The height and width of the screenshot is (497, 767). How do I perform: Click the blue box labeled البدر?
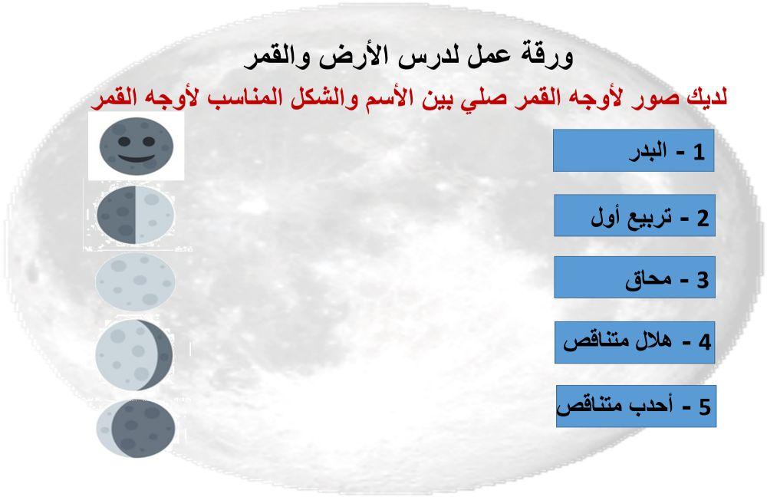634,151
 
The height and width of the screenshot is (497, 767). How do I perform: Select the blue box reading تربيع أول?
634,216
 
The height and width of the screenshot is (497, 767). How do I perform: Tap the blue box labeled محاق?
634,278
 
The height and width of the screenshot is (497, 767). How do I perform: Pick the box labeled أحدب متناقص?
636,406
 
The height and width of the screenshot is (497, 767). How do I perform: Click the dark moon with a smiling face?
136,146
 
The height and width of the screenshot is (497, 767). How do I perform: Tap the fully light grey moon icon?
135,281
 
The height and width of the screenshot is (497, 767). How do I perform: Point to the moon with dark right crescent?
135,355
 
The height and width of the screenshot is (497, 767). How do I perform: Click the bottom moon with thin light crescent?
136,427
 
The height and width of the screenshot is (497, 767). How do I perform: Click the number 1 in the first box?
698,152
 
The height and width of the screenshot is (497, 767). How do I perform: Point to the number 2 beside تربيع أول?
702,218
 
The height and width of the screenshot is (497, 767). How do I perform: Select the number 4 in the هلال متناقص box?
703,342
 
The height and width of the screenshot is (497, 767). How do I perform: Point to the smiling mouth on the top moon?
136,157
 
